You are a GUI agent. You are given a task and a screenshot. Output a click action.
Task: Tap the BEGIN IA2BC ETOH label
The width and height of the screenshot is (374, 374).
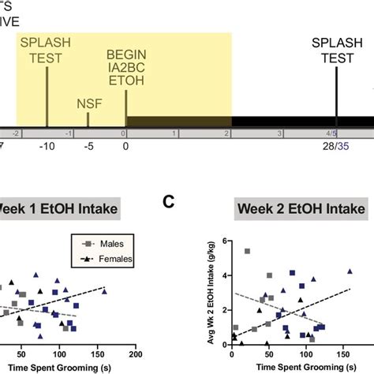126,74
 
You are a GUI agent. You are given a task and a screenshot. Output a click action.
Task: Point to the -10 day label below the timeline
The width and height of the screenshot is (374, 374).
47,147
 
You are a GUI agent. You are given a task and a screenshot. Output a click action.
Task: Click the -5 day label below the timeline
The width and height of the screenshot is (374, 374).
88,147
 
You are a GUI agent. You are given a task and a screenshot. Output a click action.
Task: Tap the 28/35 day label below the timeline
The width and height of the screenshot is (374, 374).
337,147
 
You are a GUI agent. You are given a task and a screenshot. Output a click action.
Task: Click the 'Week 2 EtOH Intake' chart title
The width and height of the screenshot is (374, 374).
292,209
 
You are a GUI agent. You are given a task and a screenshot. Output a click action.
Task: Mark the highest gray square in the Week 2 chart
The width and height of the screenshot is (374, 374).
247,251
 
